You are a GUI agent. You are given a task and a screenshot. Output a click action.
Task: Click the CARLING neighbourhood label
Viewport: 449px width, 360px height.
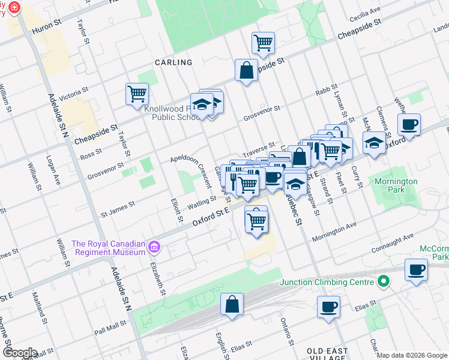point(173,62)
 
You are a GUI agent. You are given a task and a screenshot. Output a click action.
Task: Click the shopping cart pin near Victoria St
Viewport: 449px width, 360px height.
point(137,94)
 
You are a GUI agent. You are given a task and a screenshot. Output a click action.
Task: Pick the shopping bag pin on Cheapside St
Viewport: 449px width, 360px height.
point(246,70)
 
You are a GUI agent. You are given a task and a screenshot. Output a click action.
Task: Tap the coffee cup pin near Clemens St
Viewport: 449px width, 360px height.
point(409,125)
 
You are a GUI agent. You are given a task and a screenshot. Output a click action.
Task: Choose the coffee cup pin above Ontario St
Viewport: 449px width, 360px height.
point(328,307)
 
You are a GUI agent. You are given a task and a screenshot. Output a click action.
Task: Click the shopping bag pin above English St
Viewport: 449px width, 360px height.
point(232,304)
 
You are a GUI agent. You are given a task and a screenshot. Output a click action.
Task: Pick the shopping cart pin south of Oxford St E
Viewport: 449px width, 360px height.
point(256,220)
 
